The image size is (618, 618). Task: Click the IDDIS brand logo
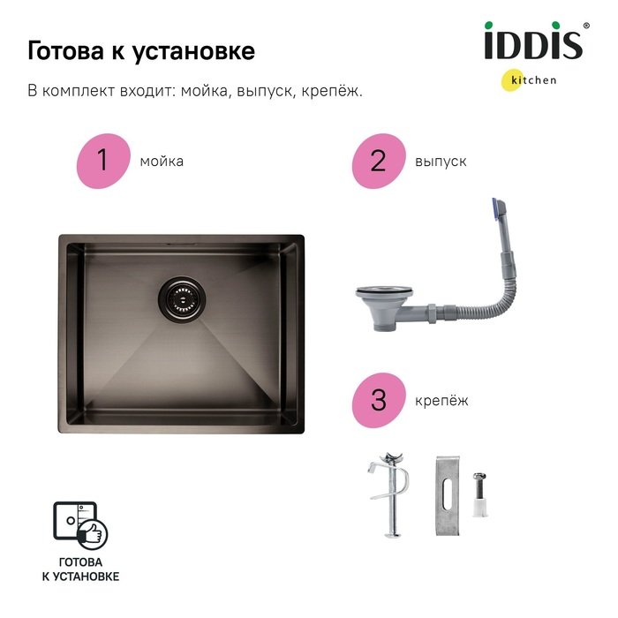(533, 41)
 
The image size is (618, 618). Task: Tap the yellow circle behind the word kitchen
(513, 80)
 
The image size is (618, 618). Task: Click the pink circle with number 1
(103, 161)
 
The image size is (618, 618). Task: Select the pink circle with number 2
(379, 161)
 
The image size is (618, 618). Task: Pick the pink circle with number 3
(379, 400)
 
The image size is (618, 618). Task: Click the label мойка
(162, 162)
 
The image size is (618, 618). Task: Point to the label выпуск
(441, 162)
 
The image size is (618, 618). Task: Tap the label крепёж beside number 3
(441, 401)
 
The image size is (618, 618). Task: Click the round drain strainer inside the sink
(182, 299)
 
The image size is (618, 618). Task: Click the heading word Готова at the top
(65, 51)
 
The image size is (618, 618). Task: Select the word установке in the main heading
(193, 51)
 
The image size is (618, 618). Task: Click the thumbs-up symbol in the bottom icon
(93, 534)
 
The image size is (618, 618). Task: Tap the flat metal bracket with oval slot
(448, 496)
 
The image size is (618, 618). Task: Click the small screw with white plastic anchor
(479, 494)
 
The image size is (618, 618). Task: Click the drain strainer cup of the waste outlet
(383, 308)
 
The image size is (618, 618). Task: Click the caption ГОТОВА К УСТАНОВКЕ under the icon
(81, 569)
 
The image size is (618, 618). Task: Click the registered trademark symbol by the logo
(586, 26)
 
